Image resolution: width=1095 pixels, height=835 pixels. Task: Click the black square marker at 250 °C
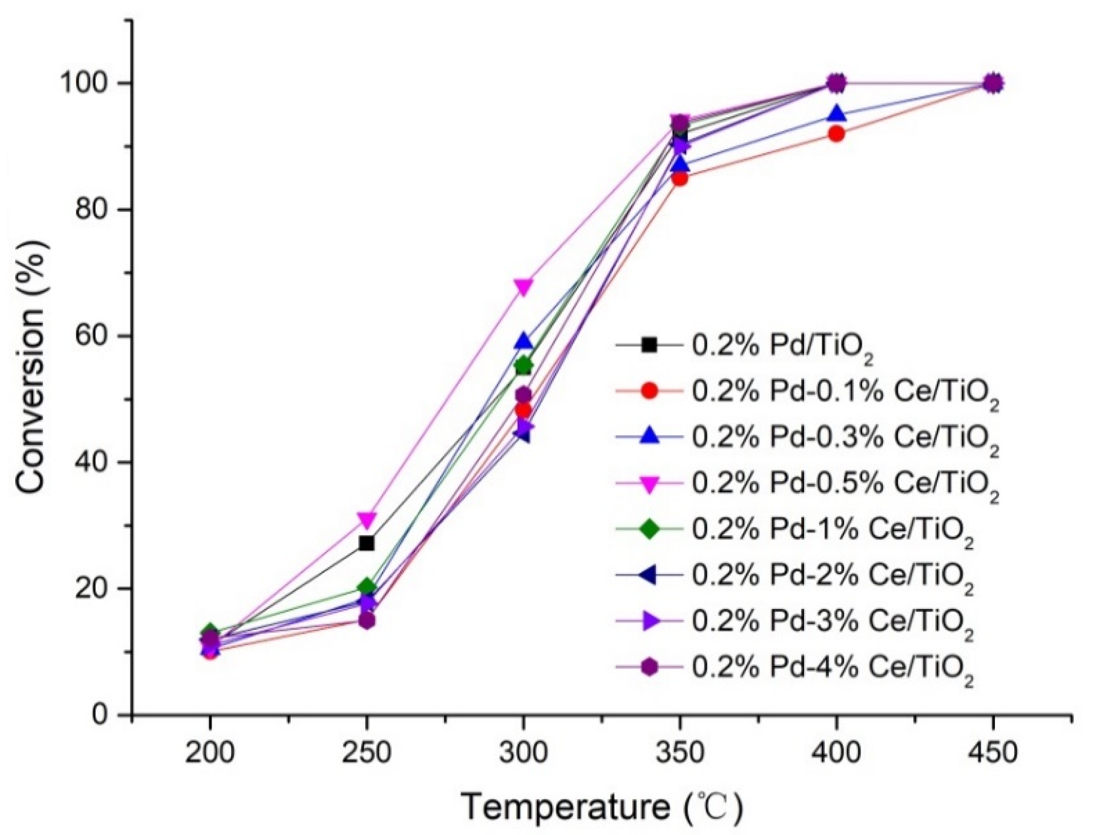pos(366,543)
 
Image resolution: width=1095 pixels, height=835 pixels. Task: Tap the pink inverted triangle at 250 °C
pos(366,520)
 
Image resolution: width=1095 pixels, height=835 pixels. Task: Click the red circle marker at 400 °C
pos(837,134)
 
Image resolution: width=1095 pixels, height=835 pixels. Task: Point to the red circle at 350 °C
pos(680,178)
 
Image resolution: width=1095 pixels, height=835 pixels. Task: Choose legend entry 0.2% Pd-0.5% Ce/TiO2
pos(845,484)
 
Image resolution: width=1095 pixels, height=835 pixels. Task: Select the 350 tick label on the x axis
pos(680,753)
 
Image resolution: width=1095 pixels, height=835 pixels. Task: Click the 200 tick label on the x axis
pos(210,753)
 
